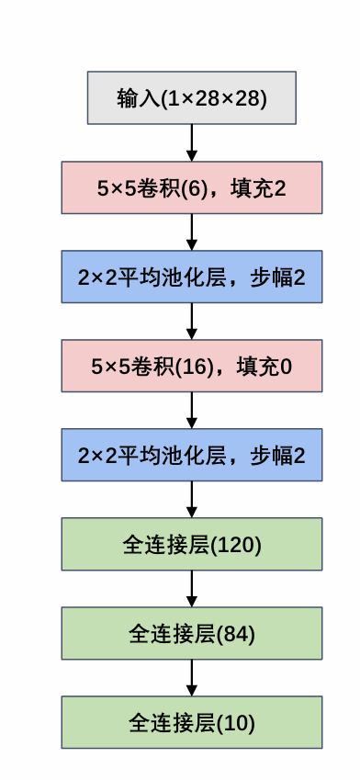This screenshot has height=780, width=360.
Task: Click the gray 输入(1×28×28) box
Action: [192, 97]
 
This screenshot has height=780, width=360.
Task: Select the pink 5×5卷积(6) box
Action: [192, 187]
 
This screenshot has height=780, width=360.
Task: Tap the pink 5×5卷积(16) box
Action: [192, 366]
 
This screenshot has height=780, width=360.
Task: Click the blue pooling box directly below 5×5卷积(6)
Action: [192, 277]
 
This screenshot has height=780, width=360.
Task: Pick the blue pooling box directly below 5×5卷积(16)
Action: [192, 455]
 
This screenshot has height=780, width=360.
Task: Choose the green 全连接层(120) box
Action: [192, 544]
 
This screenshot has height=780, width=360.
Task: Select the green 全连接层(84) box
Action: [192, 633]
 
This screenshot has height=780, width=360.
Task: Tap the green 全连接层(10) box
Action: [192, 722]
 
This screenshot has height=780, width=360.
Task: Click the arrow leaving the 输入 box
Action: [192, 142]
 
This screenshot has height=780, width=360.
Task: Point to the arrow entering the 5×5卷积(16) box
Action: [192, 321]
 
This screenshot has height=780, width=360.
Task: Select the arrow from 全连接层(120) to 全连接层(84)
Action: [192, 588]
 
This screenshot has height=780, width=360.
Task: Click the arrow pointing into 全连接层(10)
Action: [192, 677]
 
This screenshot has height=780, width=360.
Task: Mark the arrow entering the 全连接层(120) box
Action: [192, 499]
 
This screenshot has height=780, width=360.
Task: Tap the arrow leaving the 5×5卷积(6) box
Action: [192, 232]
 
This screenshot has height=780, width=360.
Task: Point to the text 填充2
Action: [263, 188]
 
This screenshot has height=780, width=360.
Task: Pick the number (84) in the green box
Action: [234, 633]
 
